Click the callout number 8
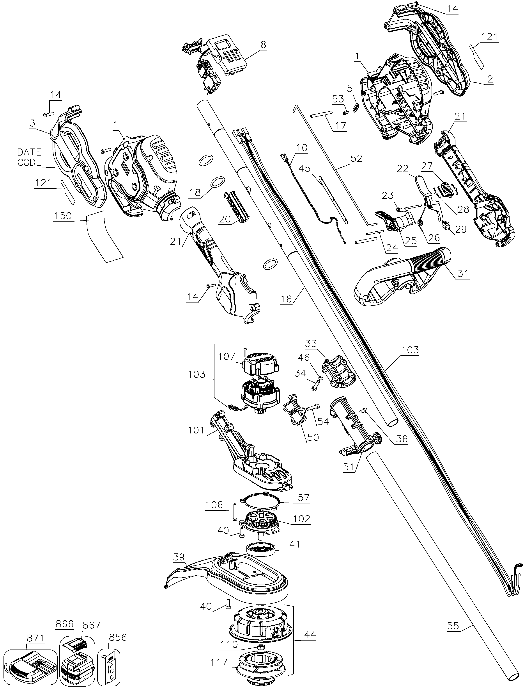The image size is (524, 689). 264,45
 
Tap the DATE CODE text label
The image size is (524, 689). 29,157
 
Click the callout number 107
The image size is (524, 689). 227,356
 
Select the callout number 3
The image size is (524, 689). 32,123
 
